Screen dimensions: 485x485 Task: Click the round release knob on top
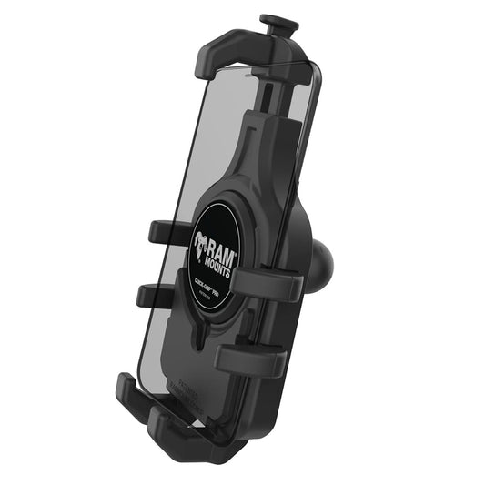click(x=273, y=19)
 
